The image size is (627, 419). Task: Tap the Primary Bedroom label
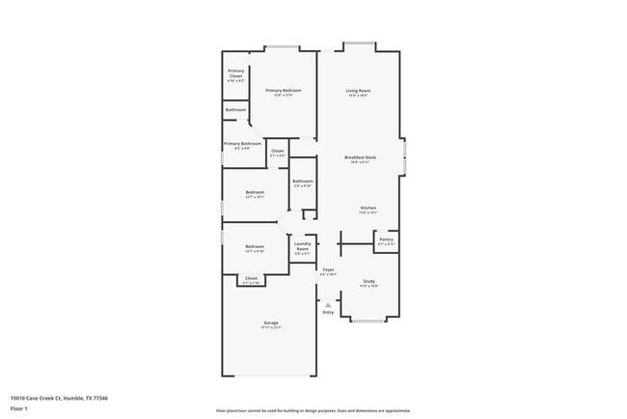tap(284, 92)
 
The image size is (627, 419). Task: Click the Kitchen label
tap(368, 209)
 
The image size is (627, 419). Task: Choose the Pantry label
tap(386, 240)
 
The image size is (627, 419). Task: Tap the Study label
tap(368, 283)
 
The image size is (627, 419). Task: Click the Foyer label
tap(328, 271)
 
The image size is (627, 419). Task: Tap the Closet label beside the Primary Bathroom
tap(277, 153)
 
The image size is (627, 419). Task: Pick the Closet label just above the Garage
tap(251, 279)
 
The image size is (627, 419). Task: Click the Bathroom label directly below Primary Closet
tap(235, 110)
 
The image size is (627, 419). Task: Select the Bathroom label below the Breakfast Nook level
tap(303, 182)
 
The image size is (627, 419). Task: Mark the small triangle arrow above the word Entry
tap(328, 304)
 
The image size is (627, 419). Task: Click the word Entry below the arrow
tap(328, 312)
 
